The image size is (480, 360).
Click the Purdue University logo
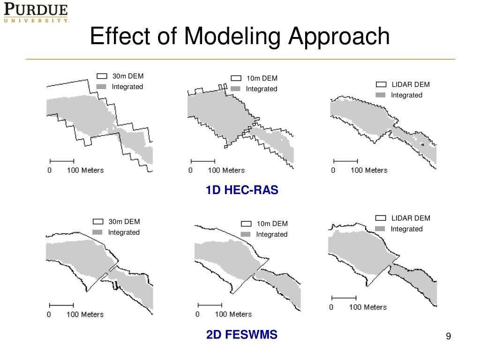pos(36,13)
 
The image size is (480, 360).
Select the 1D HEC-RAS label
pos(241,190)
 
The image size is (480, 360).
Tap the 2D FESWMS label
pos(241,335)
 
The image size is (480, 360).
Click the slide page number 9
pos(448,336)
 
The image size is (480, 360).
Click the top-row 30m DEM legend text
pos(128,76)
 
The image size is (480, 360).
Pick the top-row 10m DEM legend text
pos(262,78)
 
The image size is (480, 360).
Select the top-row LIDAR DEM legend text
pos(411,84)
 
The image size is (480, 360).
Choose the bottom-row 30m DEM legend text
pos(124,222)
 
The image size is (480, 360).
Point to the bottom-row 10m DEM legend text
pos(272,224)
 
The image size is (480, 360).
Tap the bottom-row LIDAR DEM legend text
pos(411,218)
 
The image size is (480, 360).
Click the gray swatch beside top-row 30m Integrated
pos(102,87)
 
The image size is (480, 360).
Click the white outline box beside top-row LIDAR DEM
pos(381,84)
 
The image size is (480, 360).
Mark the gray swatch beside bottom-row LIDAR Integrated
pos(381,229)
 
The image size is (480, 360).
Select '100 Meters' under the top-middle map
pos(226,170)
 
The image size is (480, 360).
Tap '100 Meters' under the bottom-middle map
pos(233,314)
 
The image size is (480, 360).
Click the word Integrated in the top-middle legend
pos(262,89)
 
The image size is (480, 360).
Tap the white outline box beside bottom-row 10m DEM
pos(246,224)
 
